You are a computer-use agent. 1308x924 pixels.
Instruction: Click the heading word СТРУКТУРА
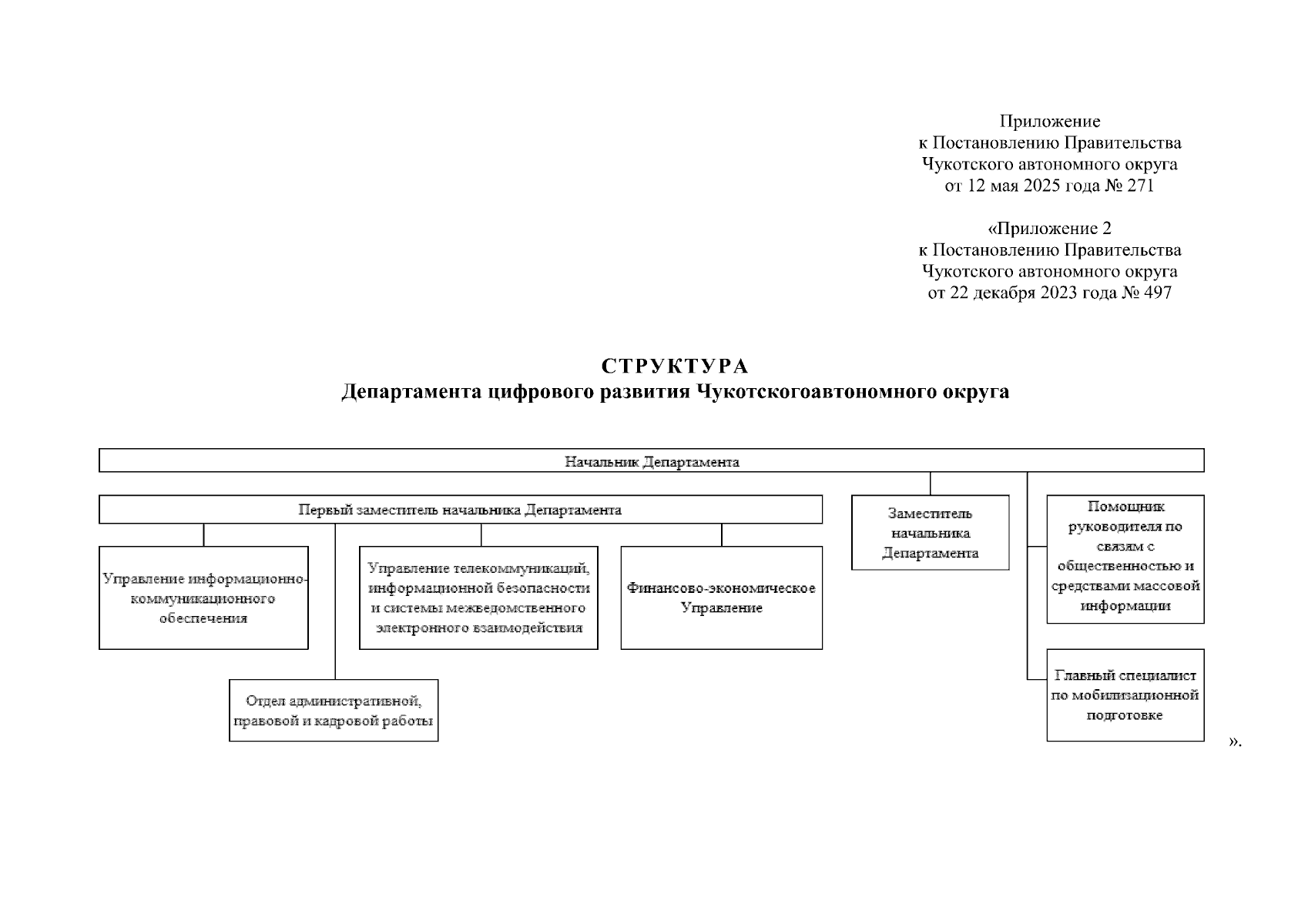point(675,366)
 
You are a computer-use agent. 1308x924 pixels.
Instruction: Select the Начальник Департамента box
point(652,460)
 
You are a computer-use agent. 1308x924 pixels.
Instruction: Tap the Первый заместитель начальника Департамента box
point(461,509)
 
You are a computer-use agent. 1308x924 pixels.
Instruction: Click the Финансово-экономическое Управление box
point(722,598)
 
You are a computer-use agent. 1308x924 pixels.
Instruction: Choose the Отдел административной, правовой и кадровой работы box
point(334,711)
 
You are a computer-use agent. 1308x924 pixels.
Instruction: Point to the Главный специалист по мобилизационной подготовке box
point(1125,695)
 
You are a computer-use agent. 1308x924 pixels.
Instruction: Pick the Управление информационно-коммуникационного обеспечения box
point(204,598)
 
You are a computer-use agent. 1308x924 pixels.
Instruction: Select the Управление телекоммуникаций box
point(479,598)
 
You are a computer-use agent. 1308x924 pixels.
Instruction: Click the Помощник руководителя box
point(1125,559)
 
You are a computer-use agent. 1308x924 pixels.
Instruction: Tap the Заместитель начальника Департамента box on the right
point(931,532)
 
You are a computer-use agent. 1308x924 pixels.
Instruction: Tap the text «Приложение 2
point(1049,228)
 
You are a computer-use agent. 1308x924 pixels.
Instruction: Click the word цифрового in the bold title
point(542,391)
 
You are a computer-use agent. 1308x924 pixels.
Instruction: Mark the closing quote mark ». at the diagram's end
point(1235,742)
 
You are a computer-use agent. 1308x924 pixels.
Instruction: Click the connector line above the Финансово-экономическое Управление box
point(722,534)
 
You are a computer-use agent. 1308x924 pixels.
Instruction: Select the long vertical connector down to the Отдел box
point(335,601)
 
